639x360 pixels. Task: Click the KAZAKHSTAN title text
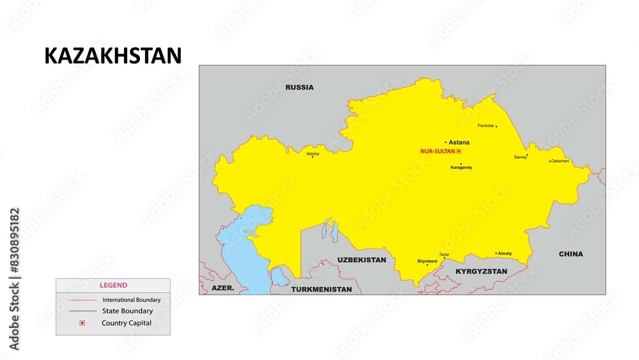click(112, 56)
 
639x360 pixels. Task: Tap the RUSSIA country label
click(300, 87)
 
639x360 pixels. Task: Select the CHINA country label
click(571, 254)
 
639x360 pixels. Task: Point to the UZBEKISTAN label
click(362, 260)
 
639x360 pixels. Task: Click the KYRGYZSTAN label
click(481, 272)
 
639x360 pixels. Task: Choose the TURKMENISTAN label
click(321, 290)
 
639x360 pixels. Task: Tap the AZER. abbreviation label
click(223, 288)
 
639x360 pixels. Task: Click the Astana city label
click(459, 142)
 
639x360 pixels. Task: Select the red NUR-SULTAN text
click(437, 152)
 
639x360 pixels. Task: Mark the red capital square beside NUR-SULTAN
click(459, 152)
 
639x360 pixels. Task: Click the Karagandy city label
click(461, 168)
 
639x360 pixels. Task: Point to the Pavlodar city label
click(486, 125)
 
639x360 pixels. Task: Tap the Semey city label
click(520, 157)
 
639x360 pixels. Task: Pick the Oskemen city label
click(560, 161)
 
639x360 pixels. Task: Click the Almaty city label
click(505, 254)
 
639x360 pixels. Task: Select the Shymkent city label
click(427, 261)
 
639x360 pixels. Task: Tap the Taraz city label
click(444, 254)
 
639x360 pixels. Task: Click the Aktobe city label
click(312, 153)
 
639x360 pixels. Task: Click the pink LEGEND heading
click(113, 285)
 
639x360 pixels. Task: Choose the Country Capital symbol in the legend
click(82, 323)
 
